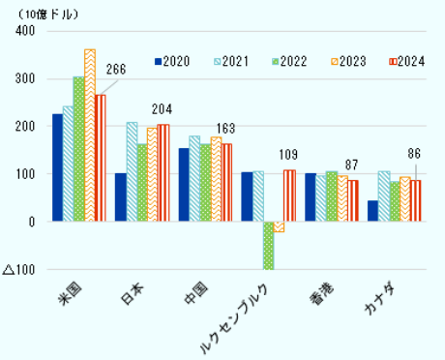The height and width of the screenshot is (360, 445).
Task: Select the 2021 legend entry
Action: point(227,62)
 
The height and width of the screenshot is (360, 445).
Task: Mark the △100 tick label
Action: point(19,269)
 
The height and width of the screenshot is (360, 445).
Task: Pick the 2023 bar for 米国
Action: point(89,135)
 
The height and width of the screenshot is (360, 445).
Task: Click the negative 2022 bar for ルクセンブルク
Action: point(268,245)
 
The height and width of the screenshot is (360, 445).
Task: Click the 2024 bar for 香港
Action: point(352,200)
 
